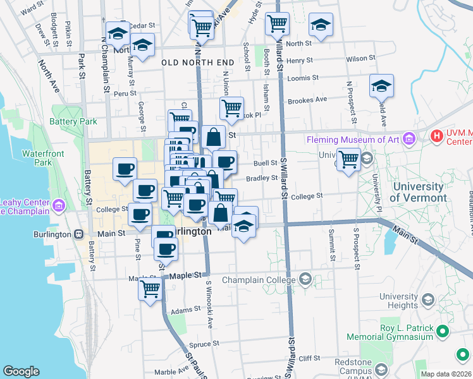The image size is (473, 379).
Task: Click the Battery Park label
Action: click(73, 121)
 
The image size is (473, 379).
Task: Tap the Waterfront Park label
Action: click(44, 158)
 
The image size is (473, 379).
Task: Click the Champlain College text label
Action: click(259, 280)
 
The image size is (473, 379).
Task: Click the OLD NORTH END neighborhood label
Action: click(198, 63)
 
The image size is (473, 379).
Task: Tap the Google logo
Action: click(21, 371)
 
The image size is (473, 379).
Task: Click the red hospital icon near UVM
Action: click(436, 136)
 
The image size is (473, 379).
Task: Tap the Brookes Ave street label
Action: click(307, 100)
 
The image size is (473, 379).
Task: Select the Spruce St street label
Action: click(204, 345)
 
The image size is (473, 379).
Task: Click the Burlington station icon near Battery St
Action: click(78, 234)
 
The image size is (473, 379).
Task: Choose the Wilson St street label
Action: click(360, 58)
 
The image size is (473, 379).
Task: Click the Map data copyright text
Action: click(445, 374)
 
